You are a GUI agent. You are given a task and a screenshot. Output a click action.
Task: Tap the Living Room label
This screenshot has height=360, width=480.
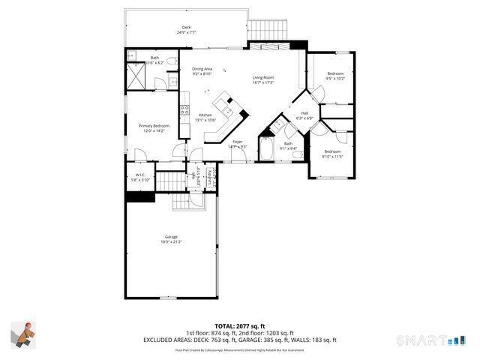point(262,79)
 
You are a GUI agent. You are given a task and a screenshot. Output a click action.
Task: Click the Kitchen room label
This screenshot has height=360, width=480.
point(205,117)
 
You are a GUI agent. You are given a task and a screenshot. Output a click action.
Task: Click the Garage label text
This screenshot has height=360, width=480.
point(171,239)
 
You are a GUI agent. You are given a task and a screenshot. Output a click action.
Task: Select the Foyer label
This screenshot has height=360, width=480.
point(238,144)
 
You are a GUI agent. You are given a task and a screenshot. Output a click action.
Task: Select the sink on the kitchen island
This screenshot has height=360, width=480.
point(223,101)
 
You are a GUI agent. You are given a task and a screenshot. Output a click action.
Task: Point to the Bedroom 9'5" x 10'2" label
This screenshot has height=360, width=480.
point(335,76)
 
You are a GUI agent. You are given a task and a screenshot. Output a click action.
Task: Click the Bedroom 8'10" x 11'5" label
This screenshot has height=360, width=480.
point(331,154)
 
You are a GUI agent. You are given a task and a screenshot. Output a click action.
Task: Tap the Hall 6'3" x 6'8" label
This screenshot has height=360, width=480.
point(304,115)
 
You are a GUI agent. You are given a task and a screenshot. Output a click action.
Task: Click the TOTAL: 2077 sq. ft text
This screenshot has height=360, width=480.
point(239,326)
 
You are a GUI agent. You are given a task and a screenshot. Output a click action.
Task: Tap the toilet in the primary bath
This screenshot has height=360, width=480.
point(172,61)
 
